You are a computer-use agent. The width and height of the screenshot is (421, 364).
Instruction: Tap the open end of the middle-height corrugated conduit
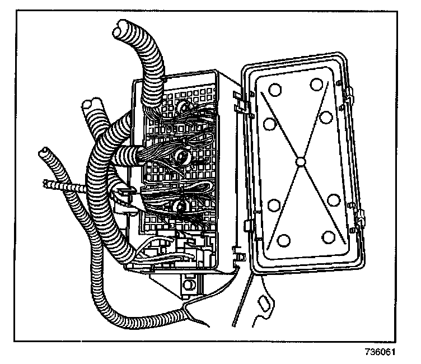[x=89, y=105]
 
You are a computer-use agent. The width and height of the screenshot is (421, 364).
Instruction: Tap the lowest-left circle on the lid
[x=284, y=240]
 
